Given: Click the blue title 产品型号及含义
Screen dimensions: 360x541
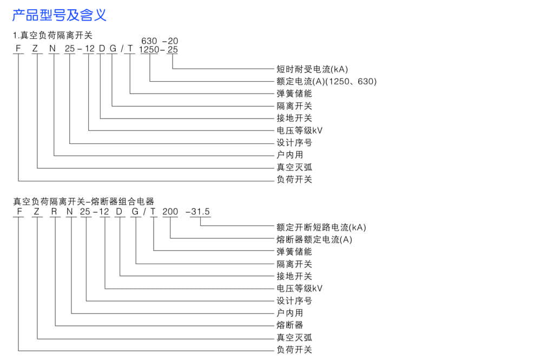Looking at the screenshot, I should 60,15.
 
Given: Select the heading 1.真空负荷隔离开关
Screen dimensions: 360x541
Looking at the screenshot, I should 53,36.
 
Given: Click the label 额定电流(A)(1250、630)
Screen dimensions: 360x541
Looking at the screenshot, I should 326,81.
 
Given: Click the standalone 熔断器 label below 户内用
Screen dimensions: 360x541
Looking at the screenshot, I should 289,325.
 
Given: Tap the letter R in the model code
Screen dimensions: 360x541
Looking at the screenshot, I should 54,212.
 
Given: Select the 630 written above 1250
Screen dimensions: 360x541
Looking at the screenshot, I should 149,41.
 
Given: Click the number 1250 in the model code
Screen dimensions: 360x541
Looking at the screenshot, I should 149,49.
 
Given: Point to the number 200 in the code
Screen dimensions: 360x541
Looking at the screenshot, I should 170,212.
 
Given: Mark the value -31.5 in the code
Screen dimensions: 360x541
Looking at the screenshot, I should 198,212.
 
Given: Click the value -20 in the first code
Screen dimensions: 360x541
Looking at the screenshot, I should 170,41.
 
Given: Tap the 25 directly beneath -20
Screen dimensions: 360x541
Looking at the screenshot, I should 172,49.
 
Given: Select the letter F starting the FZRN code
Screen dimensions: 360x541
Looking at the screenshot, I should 19,212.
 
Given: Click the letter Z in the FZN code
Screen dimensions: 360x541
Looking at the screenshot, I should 36,49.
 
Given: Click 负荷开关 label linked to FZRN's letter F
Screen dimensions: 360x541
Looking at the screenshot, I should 294,350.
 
